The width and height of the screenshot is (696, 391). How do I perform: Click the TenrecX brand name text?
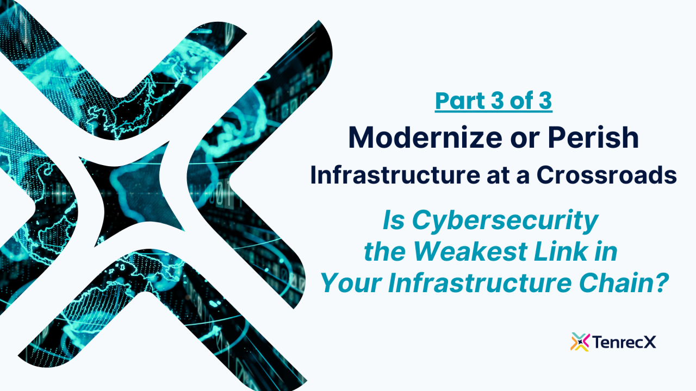[625, 342]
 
